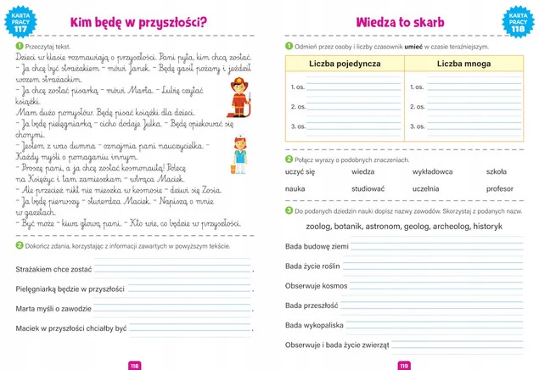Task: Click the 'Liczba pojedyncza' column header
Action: pyautogui.click(x=345, y=64)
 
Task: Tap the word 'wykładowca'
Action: pyautogui.click(x=432, y=171)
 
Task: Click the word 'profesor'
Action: pyautogui.click(x=500, y=188)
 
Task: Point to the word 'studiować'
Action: pyautogui.click(x=368, y=188)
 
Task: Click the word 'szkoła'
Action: pyautogui.click(x=497, y=171)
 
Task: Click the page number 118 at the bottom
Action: pyautogui.click(x=133, y=365)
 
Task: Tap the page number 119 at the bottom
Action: pyautogui.click(x=404, y=365)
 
